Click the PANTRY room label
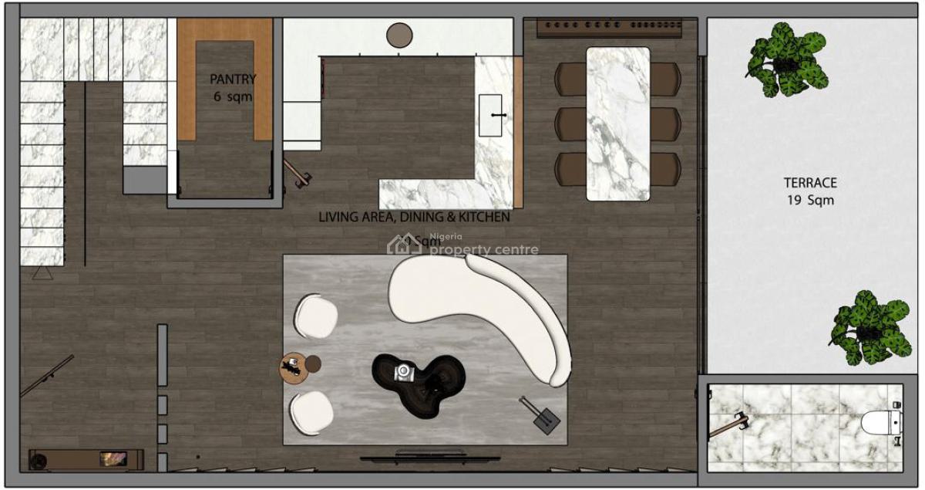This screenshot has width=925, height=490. [233, 79]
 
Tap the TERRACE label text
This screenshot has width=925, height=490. [810, 183]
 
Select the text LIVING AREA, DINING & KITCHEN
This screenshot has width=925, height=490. [414, 218]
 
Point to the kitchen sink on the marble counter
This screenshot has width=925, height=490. [491, 115]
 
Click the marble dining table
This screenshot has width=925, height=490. [617, 123]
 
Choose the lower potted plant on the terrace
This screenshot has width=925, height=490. [868, 327]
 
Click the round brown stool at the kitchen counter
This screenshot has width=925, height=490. [399, 35]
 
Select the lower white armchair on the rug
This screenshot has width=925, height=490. [312, 412]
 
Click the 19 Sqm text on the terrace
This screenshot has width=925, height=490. [810, 201]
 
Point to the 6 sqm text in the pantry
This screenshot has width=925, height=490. [233, 97]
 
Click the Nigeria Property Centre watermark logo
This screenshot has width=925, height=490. [463, 245]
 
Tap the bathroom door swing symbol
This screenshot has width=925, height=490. [728, 425]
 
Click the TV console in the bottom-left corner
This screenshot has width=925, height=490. [86, 459]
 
